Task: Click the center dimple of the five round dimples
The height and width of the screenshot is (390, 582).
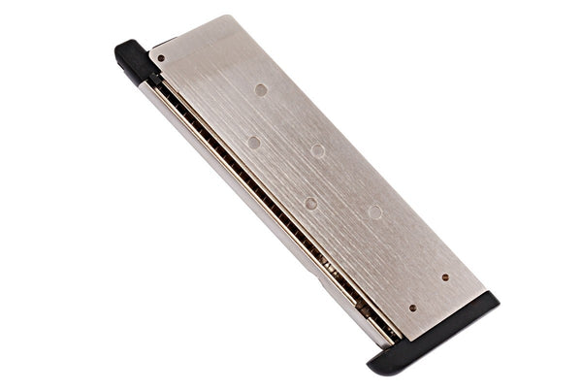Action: pyautogui.click(x=317, y=150)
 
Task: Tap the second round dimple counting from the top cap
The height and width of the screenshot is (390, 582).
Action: pyautogui.click(x=253, y=142)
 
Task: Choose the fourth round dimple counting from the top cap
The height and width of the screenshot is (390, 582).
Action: pyautogui.click(x=309, y=203)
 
